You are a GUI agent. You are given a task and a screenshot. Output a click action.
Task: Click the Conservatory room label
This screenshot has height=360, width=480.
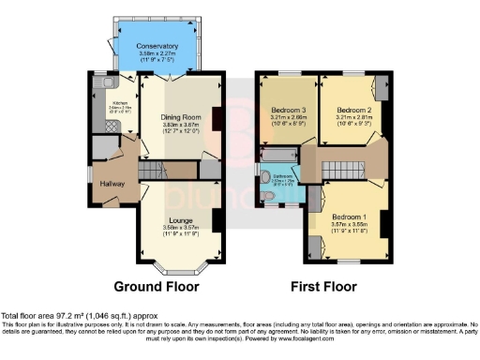point(157,45)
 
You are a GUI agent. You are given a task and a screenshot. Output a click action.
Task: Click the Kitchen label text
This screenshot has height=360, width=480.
point(120,103)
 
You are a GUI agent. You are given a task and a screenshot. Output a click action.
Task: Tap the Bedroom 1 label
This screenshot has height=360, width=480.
point(351,216)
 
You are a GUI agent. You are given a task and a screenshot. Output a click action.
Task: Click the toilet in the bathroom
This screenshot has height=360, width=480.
point(268,196)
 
